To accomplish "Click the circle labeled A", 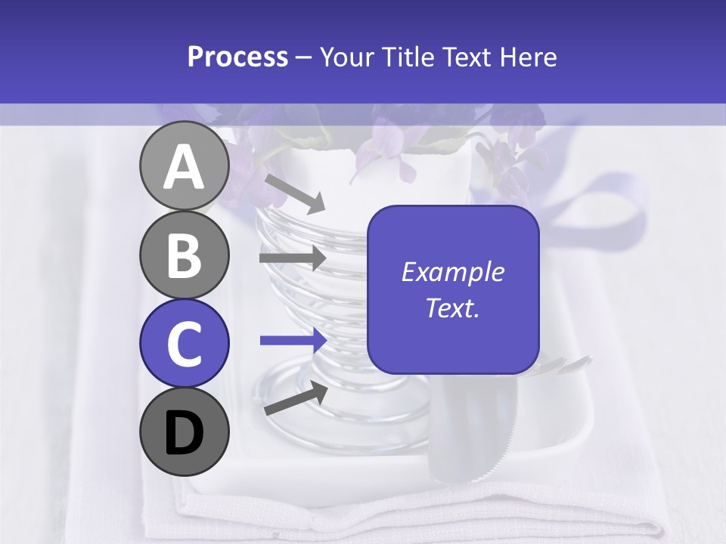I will point(184,166).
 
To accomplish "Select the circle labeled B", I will point(184,255).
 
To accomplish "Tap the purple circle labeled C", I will point(184,343).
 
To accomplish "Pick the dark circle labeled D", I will point(184,431).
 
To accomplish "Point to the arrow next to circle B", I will point(293,258).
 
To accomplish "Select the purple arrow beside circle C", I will point(293,340).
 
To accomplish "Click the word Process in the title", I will point(237,57).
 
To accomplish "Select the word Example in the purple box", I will point(452,272).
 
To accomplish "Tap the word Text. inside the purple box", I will point(452,308).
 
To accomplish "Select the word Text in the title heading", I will point(463,57).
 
